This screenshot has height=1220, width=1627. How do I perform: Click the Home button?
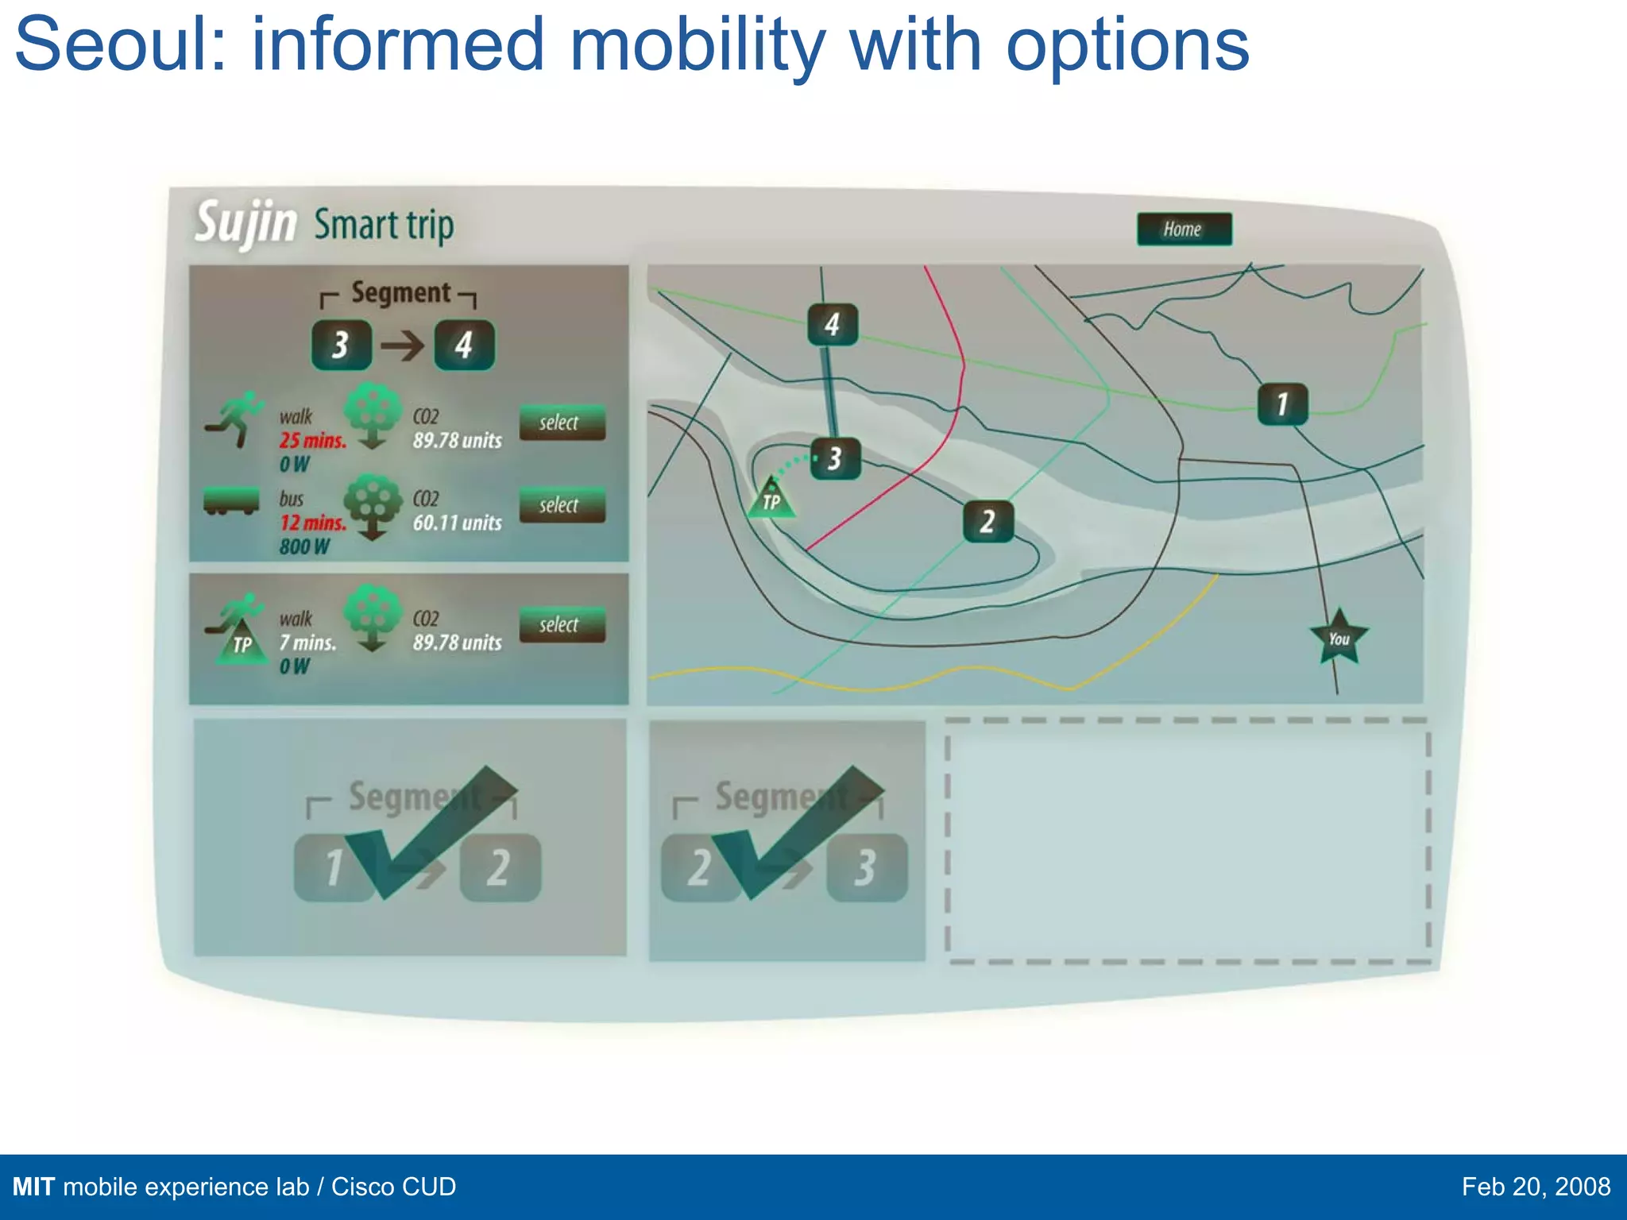click(x=1184, y=230)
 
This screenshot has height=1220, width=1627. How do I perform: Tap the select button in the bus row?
click(x=562, y=505)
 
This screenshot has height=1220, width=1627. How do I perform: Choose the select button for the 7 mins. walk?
click(x=562, y=625)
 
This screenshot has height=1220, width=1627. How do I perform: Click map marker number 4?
click(x=832, y=324)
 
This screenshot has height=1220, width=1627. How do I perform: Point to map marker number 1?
click(x=1281, y=404)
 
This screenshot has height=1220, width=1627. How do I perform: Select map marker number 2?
click(x=987, y=522)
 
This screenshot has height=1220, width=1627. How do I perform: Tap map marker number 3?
click(x=835, y=458)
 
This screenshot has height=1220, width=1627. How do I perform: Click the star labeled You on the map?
click(x=1339, y=638)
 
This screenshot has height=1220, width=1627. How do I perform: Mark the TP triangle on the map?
click(x=771, y=499)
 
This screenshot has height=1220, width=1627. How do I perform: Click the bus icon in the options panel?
click(x=231, y=500)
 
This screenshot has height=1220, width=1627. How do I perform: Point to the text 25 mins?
click(x=312, y=441)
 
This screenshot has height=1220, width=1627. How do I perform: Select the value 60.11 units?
click(x=457, y=523)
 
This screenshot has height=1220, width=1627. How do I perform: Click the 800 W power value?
click(x=303, y=546)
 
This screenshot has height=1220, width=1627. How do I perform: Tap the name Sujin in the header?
click(x=245, y=223)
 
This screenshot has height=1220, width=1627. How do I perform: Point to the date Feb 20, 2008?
click(x=1535, y=1187)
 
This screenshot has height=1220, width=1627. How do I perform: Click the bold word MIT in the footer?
click(x=33, y=1187)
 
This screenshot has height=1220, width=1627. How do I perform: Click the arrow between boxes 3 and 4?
click(x=402, y=346)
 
